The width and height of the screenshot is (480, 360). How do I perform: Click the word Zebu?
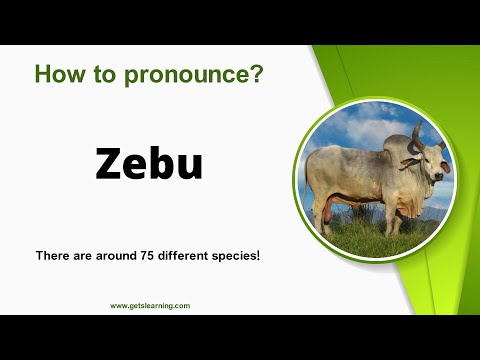(x=149, y=163)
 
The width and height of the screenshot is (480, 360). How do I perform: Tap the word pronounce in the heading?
(x=180, y=74)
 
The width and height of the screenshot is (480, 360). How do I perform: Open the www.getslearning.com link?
(x=150, y=306)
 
